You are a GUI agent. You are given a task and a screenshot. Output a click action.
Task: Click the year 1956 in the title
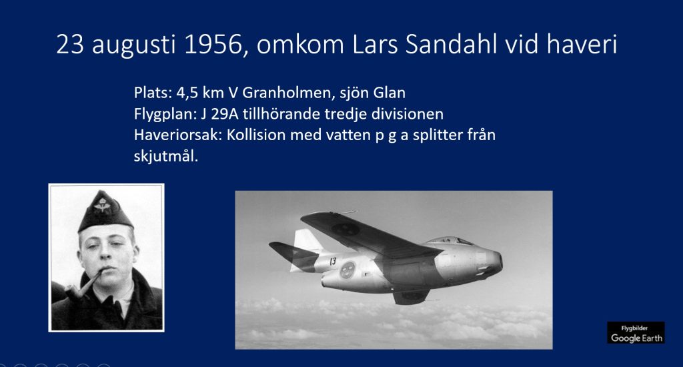(213, 45)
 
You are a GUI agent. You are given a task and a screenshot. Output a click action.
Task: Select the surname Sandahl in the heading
(452, 45)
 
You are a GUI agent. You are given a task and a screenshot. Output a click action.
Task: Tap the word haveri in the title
(582, 45)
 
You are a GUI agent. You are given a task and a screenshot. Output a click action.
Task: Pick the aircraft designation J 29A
(219, 113)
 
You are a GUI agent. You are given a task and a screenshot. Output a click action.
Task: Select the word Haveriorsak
(178, 135)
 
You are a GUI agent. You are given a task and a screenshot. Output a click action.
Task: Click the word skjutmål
(166, 156)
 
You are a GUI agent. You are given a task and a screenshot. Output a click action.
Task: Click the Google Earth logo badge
(636, 332)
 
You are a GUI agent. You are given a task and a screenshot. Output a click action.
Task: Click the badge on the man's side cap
(102, 204)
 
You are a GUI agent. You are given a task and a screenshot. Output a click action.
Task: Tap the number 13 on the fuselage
(333, 261)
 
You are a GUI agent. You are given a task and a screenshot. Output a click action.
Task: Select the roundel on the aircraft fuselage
(348, 271)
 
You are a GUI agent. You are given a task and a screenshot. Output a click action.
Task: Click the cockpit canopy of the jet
(449, 240)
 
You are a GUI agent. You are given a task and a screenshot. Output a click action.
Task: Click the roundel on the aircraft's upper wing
(346, 229)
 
